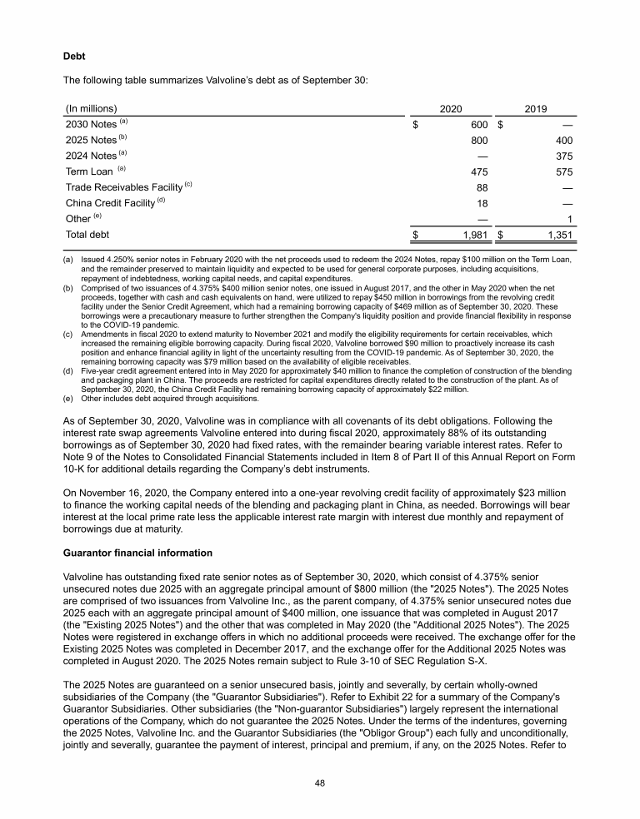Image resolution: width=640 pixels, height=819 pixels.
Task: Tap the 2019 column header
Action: coord(536,108)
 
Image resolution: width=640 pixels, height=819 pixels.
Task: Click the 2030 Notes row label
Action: coord(91,125)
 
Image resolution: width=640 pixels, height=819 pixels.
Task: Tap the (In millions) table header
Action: coord(91,108)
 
